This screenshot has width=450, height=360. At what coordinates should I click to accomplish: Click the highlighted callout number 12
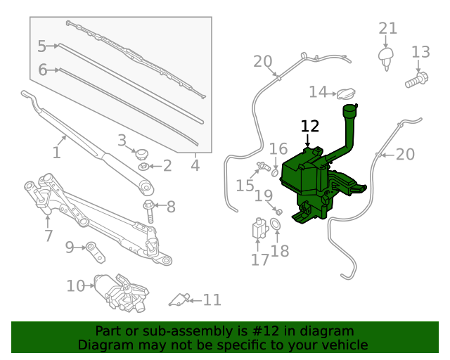pos(310,126)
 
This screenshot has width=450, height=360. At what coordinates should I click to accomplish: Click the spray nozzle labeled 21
pos(385,56)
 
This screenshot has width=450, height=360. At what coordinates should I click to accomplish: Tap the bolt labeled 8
pos(150,209)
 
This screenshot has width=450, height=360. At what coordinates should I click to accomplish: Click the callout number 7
pos(49,236)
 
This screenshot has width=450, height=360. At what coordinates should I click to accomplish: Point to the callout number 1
pos(57,152)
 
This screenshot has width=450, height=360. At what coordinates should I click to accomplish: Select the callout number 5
pos(41,46)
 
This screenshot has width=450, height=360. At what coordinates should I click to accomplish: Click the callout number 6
pos(42,70)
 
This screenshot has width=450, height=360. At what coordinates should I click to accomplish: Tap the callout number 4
pos(195,166)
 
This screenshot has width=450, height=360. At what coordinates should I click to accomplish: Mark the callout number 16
pos(278,148)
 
